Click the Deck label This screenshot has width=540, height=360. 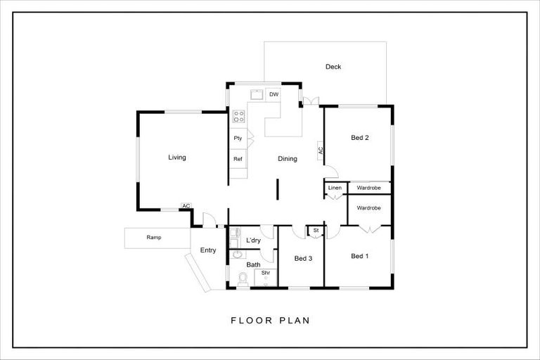333,67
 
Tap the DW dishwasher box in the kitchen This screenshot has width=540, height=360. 274,94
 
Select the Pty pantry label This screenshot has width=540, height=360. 238,139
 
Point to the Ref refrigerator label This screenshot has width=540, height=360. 238,160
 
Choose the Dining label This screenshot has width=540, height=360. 287,159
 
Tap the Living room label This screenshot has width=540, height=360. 177,157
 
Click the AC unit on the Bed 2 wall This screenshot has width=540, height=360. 321,150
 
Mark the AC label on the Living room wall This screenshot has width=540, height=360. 186,206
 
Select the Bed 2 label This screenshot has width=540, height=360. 360,138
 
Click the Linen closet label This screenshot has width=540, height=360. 335,188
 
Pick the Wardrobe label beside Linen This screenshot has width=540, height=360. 368,188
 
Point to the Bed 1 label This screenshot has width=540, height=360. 359,256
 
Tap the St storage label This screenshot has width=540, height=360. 316,230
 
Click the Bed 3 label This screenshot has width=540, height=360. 303,258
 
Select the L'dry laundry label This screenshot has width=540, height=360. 253,240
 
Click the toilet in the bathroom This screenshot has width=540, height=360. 243,281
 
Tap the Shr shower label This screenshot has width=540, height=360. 266,273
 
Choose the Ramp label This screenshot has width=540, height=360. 154,238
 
